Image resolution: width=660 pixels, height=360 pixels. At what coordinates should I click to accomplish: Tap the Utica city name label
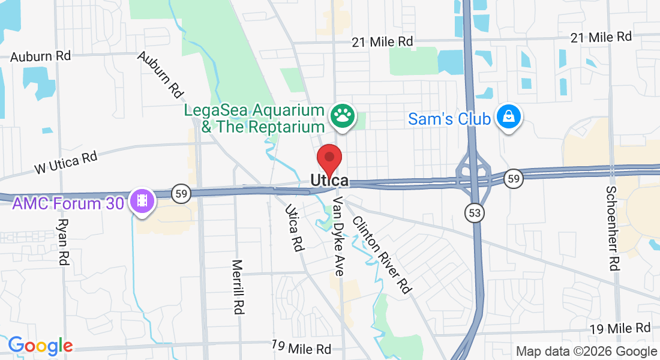click(x=329, y=180)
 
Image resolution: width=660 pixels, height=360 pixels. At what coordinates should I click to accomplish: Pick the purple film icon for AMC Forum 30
click(x=142, y=200)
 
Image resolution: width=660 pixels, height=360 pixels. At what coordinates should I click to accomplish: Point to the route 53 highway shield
click(x=476, y=212)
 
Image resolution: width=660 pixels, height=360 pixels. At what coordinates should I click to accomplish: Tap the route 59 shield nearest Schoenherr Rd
click(x=512, y=178)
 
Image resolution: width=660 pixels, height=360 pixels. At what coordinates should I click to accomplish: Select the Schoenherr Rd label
click(x=612, y=228)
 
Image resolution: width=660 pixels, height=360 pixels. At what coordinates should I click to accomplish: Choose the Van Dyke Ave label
click(x=338, y=236)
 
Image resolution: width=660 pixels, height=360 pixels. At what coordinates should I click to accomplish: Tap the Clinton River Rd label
click(x=382, y=254)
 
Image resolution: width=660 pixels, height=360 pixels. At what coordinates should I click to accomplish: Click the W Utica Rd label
click(x=66, y=162)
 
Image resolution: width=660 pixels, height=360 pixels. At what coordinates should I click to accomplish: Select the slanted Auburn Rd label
click(x=160, y=74)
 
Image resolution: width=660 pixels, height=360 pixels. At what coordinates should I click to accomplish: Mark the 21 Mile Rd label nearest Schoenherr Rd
click(x=601, y=37)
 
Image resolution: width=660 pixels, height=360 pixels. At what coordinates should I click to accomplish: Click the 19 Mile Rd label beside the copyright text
click(x=620, y=329)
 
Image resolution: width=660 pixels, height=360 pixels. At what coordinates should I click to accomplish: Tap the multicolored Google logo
click(x=40, y=346)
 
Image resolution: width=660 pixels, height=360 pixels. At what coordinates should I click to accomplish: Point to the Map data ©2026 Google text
click(x=587, y=352)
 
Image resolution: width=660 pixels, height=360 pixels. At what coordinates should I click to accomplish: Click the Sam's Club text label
click(x=449, y=119)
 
